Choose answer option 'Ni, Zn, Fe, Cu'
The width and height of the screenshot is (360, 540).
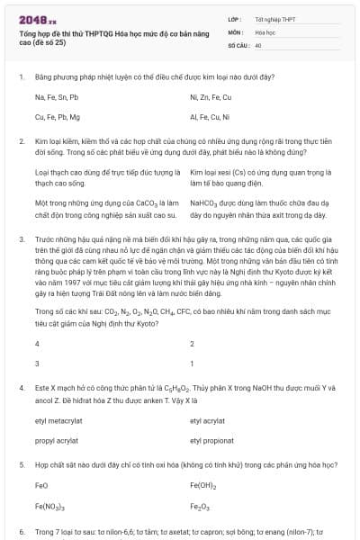click(211, 96)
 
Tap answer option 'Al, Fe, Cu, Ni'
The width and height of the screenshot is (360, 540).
click(211, 117)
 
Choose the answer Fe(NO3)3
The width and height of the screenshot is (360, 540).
click(49, 507)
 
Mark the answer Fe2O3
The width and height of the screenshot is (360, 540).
click(200, 507)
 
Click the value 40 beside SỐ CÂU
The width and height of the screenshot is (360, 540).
click(258, 44)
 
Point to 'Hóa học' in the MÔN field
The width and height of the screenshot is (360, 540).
click(265, 31)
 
